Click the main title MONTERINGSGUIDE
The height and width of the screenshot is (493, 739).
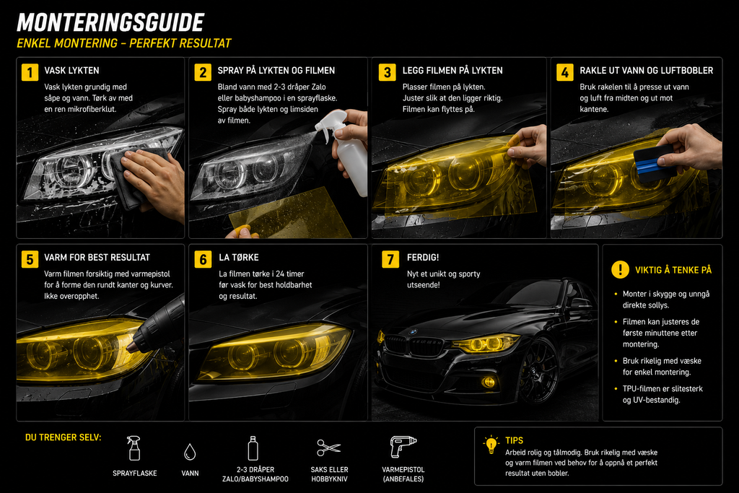110,22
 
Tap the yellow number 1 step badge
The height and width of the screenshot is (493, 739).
30,72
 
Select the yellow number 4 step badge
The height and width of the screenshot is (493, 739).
564,72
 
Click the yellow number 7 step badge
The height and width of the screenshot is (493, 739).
390,259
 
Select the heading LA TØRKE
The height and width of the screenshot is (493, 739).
238,258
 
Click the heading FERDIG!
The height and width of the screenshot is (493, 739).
423,258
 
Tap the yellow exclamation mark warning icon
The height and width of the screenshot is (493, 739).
620,269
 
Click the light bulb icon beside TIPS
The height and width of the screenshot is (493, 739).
491,444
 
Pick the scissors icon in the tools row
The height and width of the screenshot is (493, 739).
328,448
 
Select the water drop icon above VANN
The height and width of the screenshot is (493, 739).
190,452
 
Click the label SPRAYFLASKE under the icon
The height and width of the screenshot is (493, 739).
135,474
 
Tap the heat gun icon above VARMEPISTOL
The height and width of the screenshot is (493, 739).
403,446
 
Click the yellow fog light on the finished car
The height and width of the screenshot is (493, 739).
489,382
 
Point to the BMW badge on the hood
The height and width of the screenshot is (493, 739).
414,332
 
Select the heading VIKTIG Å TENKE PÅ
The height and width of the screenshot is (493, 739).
673,270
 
